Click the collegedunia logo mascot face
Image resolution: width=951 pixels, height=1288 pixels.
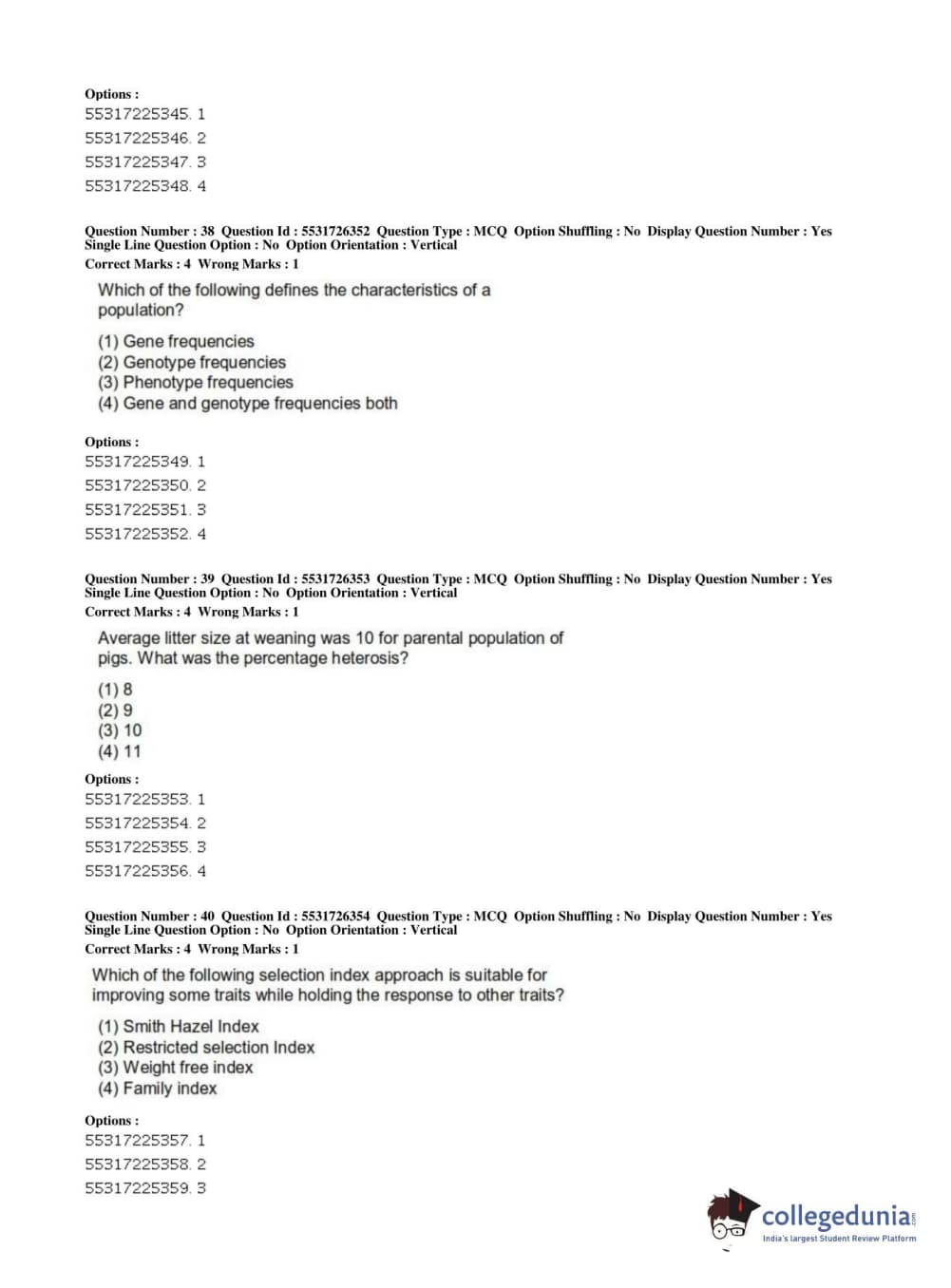730,1217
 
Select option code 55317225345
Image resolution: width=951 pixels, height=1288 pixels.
137,114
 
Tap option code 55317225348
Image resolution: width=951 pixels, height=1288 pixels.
137,186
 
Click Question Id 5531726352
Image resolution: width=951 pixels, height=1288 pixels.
335,231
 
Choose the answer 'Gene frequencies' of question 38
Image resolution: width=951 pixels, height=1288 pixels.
176,341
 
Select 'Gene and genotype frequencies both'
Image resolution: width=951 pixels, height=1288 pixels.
247,403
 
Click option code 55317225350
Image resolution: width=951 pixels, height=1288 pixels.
137,485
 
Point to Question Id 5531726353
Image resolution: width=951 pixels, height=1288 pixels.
335,578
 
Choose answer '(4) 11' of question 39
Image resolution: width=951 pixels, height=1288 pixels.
119,751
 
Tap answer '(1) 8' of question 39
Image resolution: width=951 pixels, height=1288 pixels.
115,690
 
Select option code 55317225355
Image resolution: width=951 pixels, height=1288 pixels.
137,847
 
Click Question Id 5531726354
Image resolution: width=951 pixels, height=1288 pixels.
335,916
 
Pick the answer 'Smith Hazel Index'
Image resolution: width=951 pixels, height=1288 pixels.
178,1026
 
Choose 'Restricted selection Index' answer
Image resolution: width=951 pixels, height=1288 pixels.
205,1047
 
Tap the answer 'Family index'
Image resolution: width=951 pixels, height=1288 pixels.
157,1089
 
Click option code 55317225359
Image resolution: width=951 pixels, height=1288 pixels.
137,1188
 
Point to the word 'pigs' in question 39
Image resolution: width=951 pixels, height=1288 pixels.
114,659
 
